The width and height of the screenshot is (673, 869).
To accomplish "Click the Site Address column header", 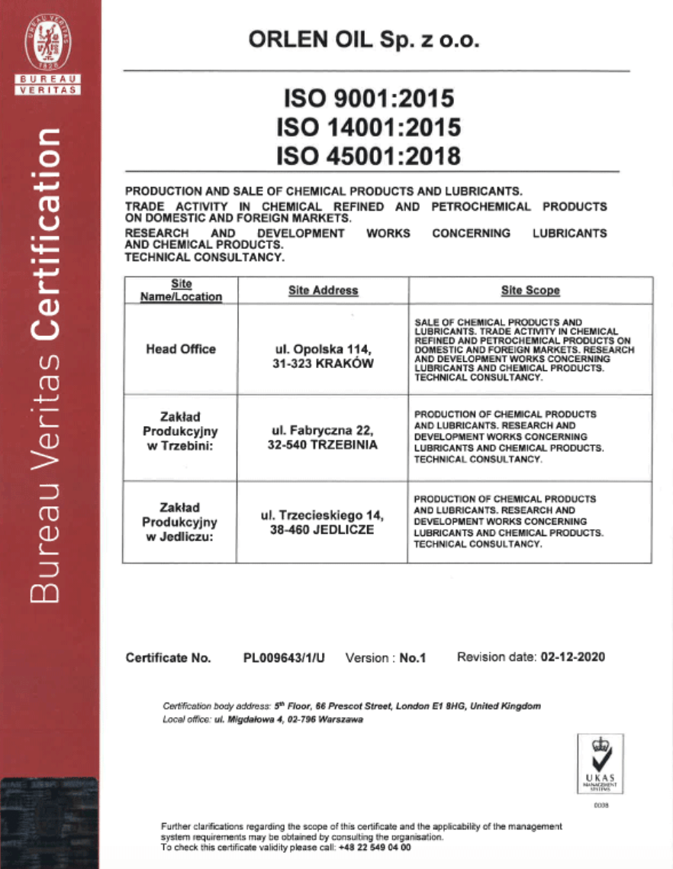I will tap(323, 290).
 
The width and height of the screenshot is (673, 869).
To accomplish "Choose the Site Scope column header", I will tap(530, 290).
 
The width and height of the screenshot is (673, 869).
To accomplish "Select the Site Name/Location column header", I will tap(181, 290).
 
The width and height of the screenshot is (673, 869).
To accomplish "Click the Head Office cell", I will tap(181, 349).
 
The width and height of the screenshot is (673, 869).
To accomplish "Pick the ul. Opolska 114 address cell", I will tap(323, 357).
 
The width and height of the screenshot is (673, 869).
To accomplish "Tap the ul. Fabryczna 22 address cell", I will tap(323, 438).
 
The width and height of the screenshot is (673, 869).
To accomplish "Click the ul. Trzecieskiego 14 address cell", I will tap(323, 522).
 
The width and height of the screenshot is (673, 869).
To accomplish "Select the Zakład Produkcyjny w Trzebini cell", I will tap(181, 431).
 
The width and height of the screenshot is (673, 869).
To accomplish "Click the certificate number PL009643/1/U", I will tap(284, 657).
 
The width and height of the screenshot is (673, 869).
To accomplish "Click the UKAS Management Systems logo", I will tap(601, 763).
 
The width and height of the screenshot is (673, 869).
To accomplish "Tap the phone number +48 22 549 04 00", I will tap(376, 848).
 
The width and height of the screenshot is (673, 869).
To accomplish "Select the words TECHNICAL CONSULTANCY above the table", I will tap(204, 258).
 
